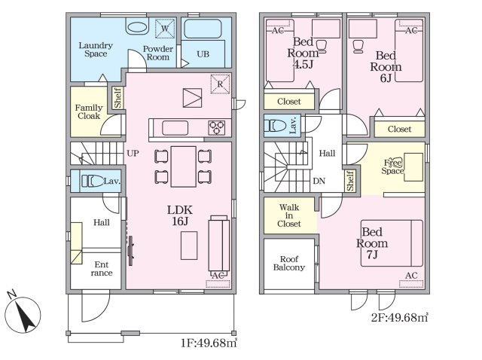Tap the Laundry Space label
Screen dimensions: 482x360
(x=96, y=50)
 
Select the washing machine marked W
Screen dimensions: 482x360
(x=165, y=29)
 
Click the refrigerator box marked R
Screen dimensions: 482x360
(x=220, y=84)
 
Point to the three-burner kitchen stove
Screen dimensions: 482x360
(x=217, y=128)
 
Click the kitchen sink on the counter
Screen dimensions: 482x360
(x=175, y=128)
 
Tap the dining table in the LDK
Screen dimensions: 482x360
(x=184, y=166)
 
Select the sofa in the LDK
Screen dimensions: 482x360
(x=219, y=243)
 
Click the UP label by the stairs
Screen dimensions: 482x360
(x=133, y=153)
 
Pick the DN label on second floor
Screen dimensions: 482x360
(x=319, y=181)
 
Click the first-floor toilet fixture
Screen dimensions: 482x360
(x=92, y=181)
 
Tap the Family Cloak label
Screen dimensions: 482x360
(x=89, y=111)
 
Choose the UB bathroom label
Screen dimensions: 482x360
(x=203, y=54)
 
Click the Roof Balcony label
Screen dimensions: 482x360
(x=289, y=263)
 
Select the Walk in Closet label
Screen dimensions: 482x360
(x=289, y=215)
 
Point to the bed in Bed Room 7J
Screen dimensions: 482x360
(x=392, y=243)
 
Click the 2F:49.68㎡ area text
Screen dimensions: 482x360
(x=399, y=317)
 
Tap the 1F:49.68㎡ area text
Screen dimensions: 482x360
(x=209, y=343)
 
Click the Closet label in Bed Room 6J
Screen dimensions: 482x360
(x=399, y=129)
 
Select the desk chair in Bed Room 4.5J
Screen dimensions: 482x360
(x=321, y=47)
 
